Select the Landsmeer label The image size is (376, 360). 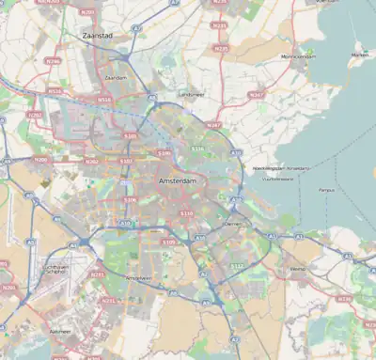click(191, 93)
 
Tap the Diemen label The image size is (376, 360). click(235, 225)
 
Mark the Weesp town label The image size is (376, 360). click(298, 268)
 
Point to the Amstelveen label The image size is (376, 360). click(138, 278)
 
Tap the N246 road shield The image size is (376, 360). click(53, 60)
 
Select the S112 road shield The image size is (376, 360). click(237, 266)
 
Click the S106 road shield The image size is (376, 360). click(130, 199)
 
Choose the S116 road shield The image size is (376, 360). click(196, 148)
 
